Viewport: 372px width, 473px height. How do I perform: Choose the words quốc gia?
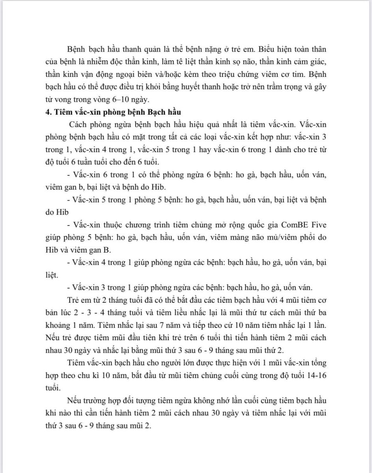(247, 225)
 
